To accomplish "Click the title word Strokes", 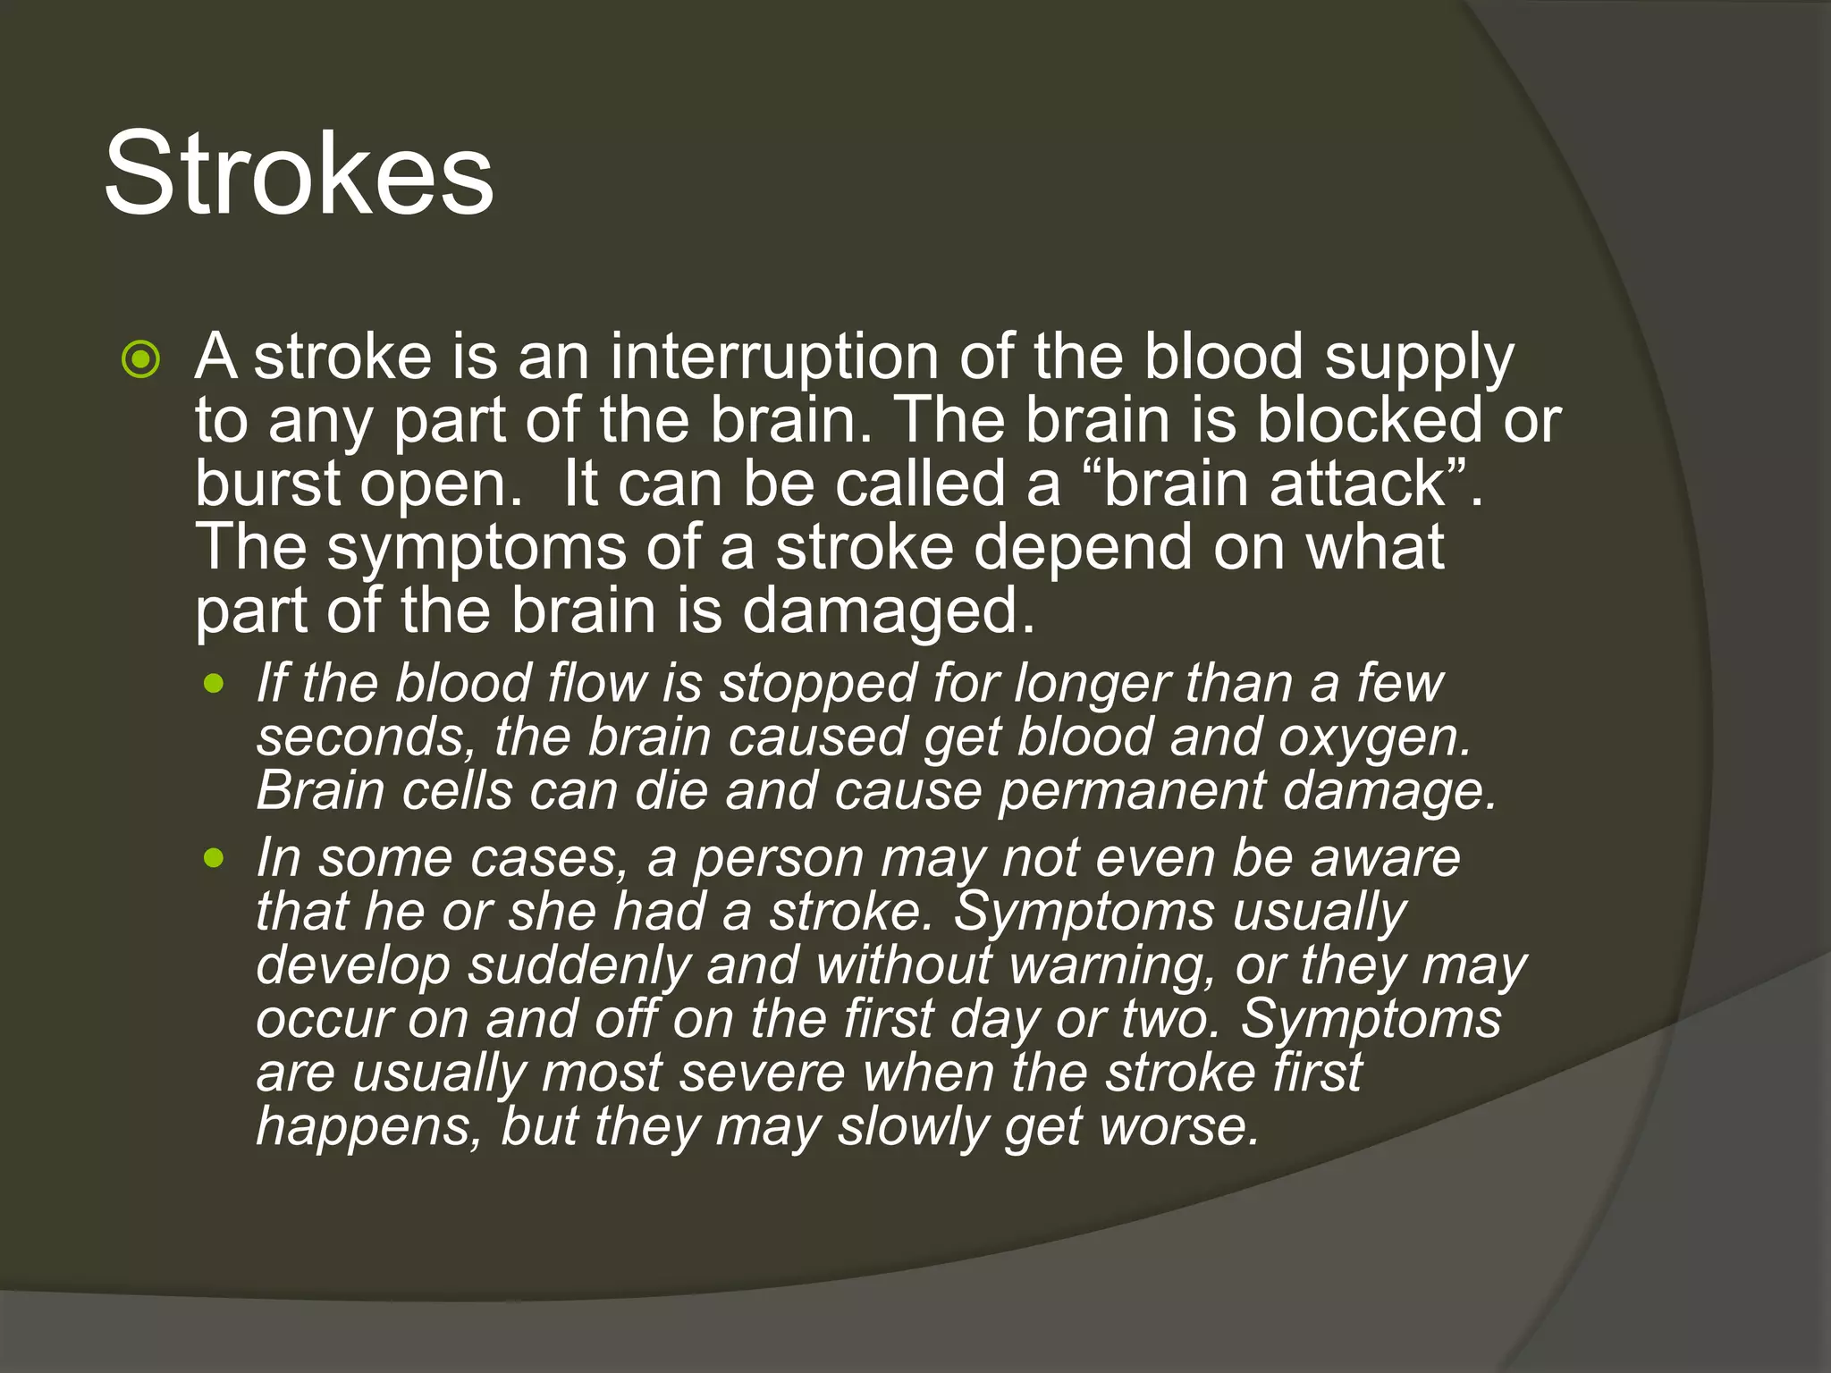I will coord(299,173).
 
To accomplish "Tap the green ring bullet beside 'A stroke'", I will coord(141,360).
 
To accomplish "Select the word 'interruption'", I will coord(774,358).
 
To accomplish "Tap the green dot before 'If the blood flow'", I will coord(214,685).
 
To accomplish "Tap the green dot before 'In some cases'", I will coord(214,859).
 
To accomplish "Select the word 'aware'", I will coord(1385,859).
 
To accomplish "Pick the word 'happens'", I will coord(361,1128).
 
